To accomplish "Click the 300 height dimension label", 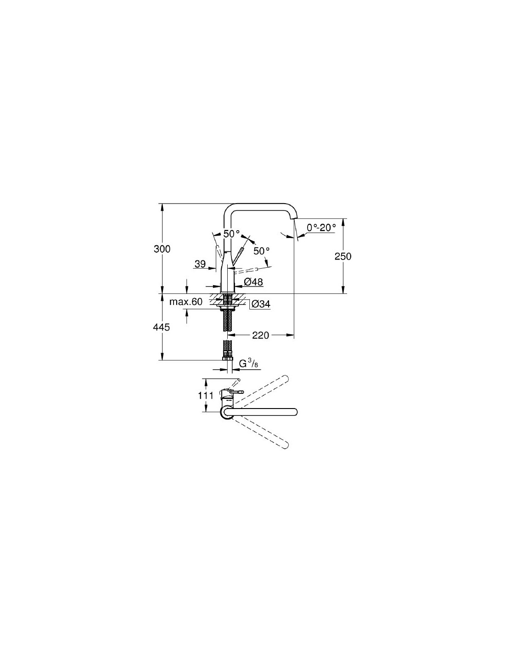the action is click(162, 249).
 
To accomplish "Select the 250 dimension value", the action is click(343, 256).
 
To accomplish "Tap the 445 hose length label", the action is click(162, 327).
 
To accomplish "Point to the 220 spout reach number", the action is click(260, 335).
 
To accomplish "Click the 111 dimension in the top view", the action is click(206, 396).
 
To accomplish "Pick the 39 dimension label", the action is click(200, 264).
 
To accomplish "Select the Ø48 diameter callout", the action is click(253, 282).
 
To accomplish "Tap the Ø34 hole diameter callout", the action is click(261, 304).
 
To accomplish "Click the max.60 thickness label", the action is click(186, 302).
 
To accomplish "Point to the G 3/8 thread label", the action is click(248, 364).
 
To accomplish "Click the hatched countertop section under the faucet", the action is click(227, 300).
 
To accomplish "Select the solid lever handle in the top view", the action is click(237, 391).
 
